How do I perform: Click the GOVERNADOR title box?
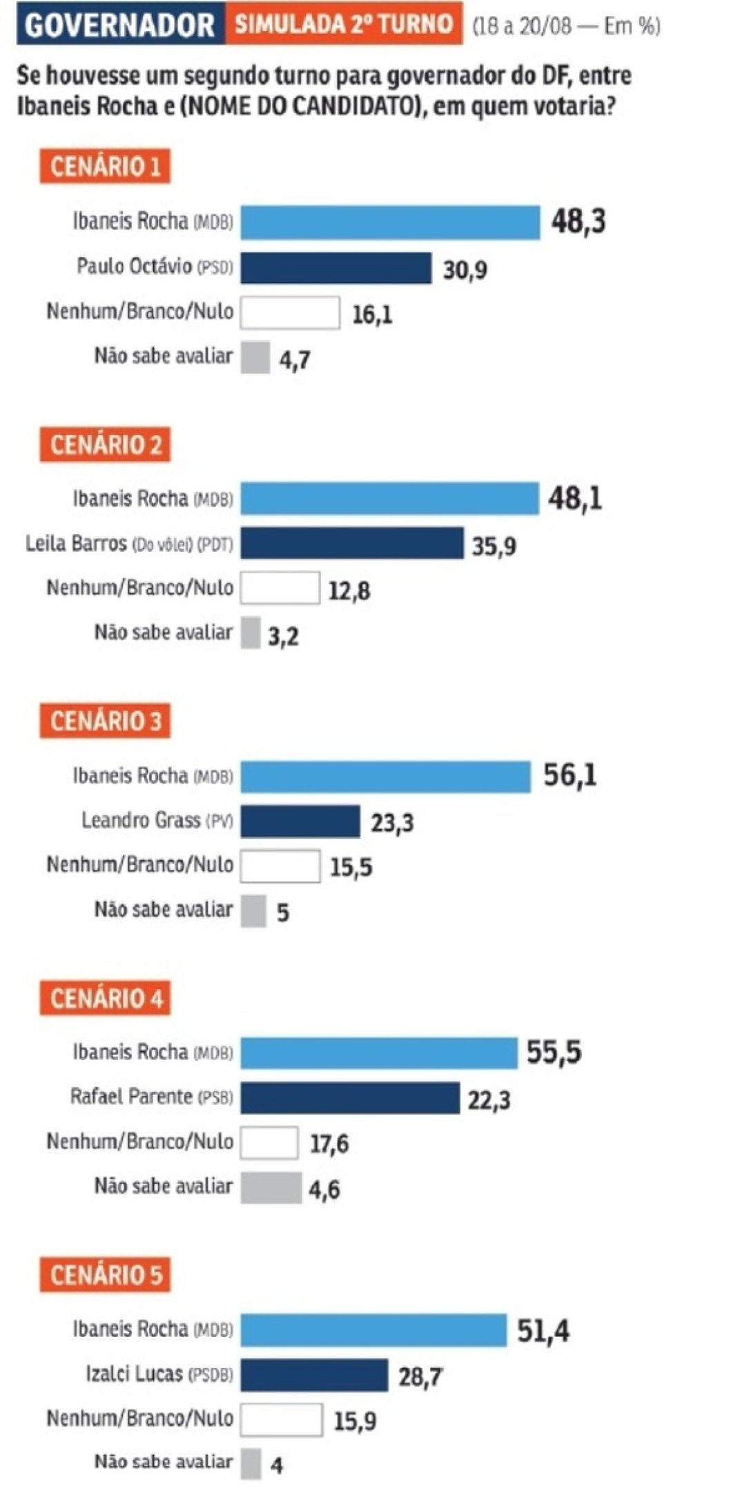click(x=120, y=26)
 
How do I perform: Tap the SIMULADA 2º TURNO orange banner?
click(x=343, y=25)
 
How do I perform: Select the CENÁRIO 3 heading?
click(x=105, y=721)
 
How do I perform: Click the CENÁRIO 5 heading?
click(x=105, y=1275)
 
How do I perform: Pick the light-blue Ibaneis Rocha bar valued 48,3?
click(x=390, y=222)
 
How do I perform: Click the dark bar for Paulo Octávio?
click(x=335, y=268)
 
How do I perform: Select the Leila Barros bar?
click(x=352, y=543)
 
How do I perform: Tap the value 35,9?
click(x=494, y=547)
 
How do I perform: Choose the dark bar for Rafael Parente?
click(x=350, y=1098)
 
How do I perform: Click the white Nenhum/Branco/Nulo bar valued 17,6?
click(x=270, y=1142)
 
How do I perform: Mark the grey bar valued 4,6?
click(x=271, y=1187)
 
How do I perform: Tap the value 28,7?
click(x=420, y=1378)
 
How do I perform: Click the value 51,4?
click(x=543, y=1331)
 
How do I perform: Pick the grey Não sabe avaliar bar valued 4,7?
click(x=255, y=358)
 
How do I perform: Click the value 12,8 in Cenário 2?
click(x=349, y=592)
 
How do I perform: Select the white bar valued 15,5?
click(x=280, y=866)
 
